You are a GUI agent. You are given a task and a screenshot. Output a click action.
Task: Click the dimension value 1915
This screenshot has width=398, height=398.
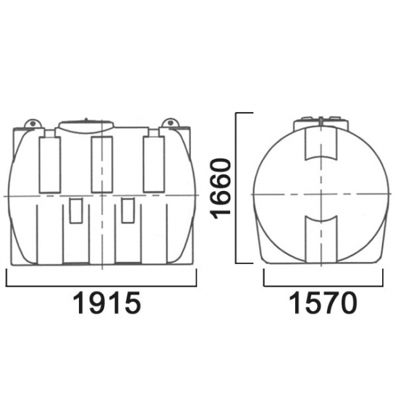(x=106, y=302)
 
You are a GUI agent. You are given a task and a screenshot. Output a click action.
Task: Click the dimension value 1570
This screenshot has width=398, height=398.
(x=323, y=302)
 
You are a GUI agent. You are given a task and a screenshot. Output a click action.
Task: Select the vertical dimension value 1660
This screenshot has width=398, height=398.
(x=221, y=189)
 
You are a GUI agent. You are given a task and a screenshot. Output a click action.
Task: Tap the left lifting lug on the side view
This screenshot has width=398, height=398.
(x=33, y=123)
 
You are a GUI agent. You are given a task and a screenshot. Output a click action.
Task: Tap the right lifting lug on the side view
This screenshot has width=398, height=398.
(x=170, y=123)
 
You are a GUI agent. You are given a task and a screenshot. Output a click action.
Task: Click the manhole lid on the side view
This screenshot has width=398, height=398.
(x=86, y=125)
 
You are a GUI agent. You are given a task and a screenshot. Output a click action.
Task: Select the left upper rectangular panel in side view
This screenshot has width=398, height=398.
(x=50, y=165)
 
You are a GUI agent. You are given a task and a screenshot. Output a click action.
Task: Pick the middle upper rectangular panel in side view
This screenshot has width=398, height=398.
(x=102, y=164)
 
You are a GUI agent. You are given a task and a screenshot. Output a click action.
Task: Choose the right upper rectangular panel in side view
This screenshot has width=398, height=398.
(x=154, y=164)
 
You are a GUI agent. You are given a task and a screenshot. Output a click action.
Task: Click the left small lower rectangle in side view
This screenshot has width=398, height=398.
(x=76, y=211)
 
